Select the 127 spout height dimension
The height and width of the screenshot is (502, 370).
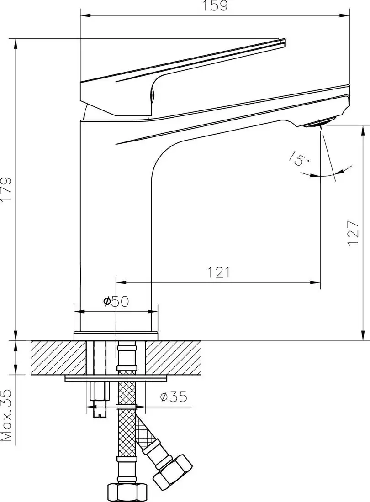tap(352, 233)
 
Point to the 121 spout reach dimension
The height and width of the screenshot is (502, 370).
tap(218, 272)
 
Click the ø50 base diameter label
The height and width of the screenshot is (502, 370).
tap(116, 301)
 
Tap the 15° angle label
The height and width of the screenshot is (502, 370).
tap(299, 159)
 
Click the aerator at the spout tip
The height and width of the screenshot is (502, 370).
tap(320, 122)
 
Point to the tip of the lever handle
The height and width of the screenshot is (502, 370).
tap(282, 42)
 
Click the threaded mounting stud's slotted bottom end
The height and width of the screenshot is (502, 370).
tap(99, 413)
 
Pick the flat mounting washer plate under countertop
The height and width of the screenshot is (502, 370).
tap(116, 378)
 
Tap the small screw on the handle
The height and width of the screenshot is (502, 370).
tap(153, 94)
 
